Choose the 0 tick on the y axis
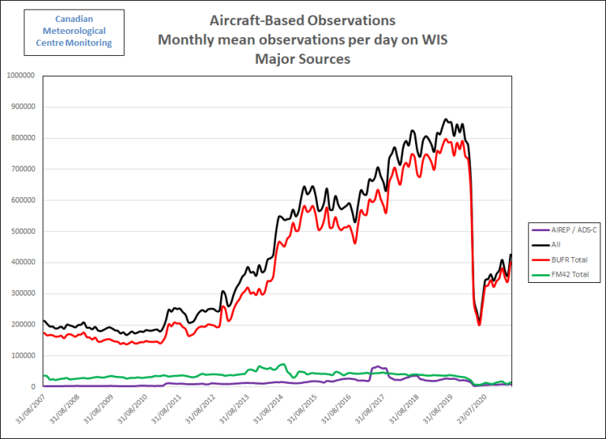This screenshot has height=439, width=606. click(x=34, y=387)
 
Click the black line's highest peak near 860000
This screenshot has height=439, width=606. click(x=447, y=119)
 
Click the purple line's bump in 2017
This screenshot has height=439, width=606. click(x=379, y=366)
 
